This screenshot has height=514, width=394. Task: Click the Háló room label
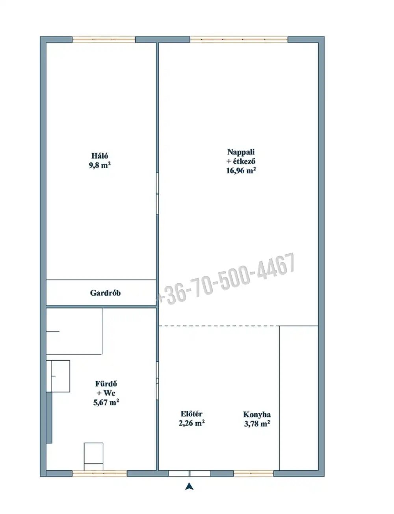click(x=100, y=156)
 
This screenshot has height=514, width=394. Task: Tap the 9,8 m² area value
click(x=100, y=165)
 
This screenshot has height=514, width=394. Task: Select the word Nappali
click(x=241, y=152)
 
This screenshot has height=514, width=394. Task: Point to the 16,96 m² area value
click(x=241, y=170)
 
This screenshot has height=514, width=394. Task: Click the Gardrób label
click(x=105, y=293)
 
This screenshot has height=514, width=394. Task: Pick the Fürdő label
click(x=106, y=384)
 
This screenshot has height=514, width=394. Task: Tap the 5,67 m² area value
click(x=106, y=402)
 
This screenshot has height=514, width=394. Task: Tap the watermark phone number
click(x=226, y=279)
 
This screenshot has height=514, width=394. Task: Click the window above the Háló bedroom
click(x=104, y=39)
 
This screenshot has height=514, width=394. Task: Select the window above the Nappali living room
click(x=239, y=39)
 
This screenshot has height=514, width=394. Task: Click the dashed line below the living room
click(x=219, y=326)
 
